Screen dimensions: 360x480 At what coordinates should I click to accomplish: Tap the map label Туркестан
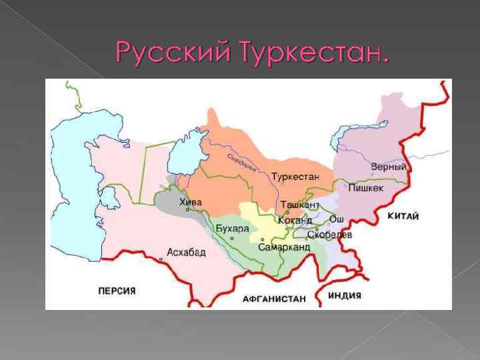(295, 177)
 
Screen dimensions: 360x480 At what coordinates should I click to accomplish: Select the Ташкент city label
(300, 205)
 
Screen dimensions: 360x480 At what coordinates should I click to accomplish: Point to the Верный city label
(388, 167)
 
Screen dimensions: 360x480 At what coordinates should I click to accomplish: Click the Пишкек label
(367, 188)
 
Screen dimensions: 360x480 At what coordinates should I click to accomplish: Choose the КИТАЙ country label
(403, 216)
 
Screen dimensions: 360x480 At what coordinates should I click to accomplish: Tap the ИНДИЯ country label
(345, 295)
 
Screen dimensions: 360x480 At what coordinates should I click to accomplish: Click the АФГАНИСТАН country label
(274, 299)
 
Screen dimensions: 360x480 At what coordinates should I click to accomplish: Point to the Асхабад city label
(186, 252)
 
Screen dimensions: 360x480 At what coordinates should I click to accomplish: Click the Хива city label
(190, 202)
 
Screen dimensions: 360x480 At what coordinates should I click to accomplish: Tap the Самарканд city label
(284, 247)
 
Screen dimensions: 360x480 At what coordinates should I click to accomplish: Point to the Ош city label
(337, 219)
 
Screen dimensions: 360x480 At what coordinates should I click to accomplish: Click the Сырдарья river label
(241, 163)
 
